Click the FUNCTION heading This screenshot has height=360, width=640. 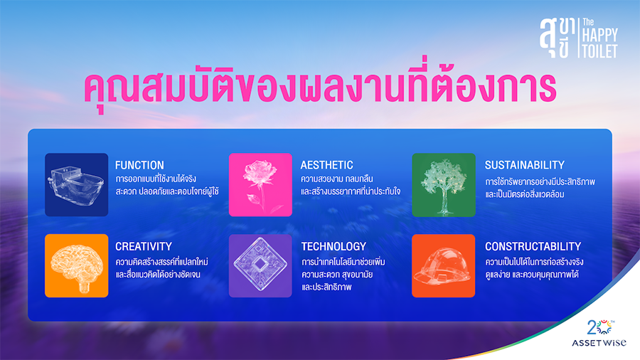139,165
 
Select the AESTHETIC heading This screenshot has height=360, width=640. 327,165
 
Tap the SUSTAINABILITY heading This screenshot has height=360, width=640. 525,165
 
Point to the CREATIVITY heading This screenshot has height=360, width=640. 144,246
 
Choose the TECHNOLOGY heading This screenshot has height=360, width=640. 334,246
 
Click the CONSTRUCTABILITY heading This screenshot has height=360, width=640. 533,246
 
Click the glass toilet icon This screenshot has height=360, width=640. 76,185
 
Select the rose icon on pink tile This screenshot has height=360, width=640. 260,185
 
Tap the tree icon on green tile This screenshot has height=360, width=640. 444,185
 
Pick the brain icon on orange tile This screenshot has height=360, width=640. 76,265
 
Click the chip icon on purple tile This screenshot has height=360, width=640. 260,265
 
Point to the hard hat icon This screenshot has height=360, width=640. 444,265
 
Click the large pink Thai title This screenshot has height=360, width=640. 319,90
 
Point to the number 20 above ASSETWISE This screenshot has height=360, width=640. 596,327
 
